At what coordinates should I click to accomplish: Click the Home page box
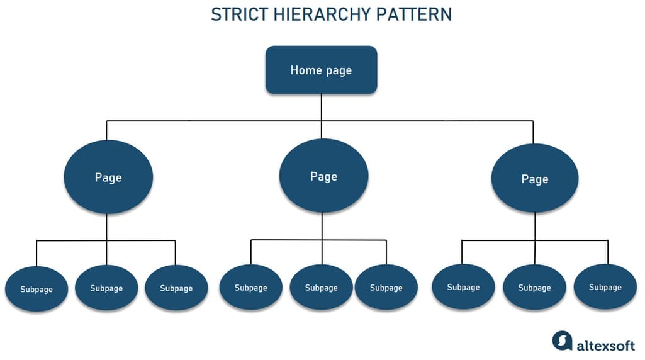(x=322, y=70)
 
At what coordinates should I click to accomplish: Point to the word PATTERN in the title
(x=414, y=14)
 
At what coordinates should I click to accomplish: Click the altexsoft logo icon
(x=563, y=340)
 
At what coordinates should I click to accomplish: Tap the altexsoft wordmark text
(x=605, y=345)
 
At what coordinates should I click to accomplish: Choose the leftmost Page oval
(x=108, y=177)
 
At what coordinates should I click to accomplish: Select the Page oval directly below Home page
(x=323, y=176)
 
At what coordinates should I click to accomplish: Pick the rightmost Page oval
(x=535, y=178)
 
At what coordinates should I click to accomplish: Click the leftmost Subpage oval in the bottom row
(x=36, y=289)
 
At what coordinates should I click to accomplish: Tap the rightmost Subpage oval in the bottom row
(x=605, y=287)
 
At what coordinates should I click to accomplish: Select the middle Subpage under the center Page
(x=322, y=287)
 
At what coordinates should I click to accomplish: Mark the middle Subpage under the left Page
(x=106, y=288)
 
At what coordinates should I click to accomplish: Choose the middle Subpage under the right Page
(x=534, y=287)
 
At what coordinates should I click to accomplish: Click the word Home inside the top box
(x=306, y=70)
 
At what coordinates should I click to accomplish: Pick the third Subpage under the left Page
(x=176, y=288)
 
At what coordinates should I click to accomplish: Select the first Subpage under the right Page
(x=463, y=287)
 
